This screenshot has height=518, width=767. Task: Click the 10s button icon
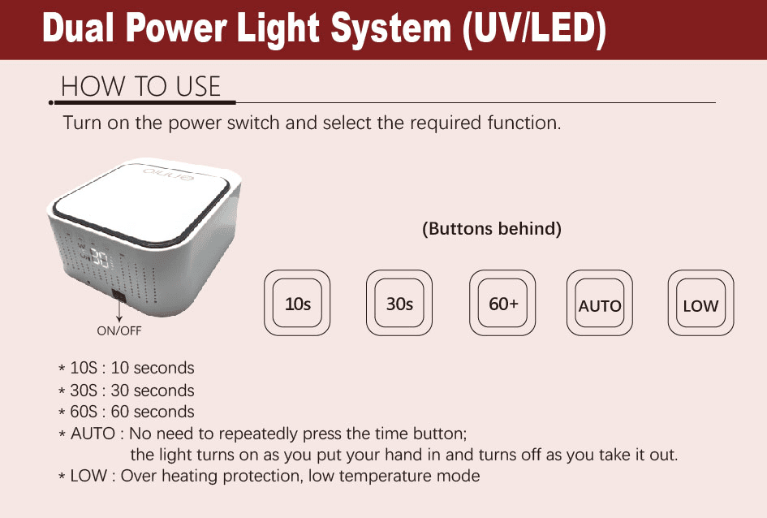pos(298,304)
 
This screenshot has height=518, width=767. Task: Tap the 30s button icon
pos(399,304)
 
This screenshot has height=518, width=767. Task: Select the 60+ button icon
pos(503,304)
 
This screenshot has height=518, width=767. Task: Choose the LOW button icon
pos(700,304)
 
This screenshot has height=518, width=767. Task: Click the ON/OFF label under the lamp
pos(119,330)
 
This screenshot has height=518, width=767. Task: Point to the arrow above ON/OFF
pos(118,311)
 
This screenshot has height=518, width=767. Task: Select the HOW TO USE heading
pos(141,86)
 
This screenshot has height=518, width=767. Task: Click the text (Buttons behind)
pos(492,229)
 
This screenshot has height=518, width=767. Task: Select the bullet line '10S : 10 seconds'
pos(131,369)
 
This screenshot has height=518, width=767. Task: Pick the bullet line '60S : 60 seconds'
pos(131,412)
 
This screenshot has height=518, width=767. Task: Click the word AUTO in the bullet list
pos(93,434)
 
